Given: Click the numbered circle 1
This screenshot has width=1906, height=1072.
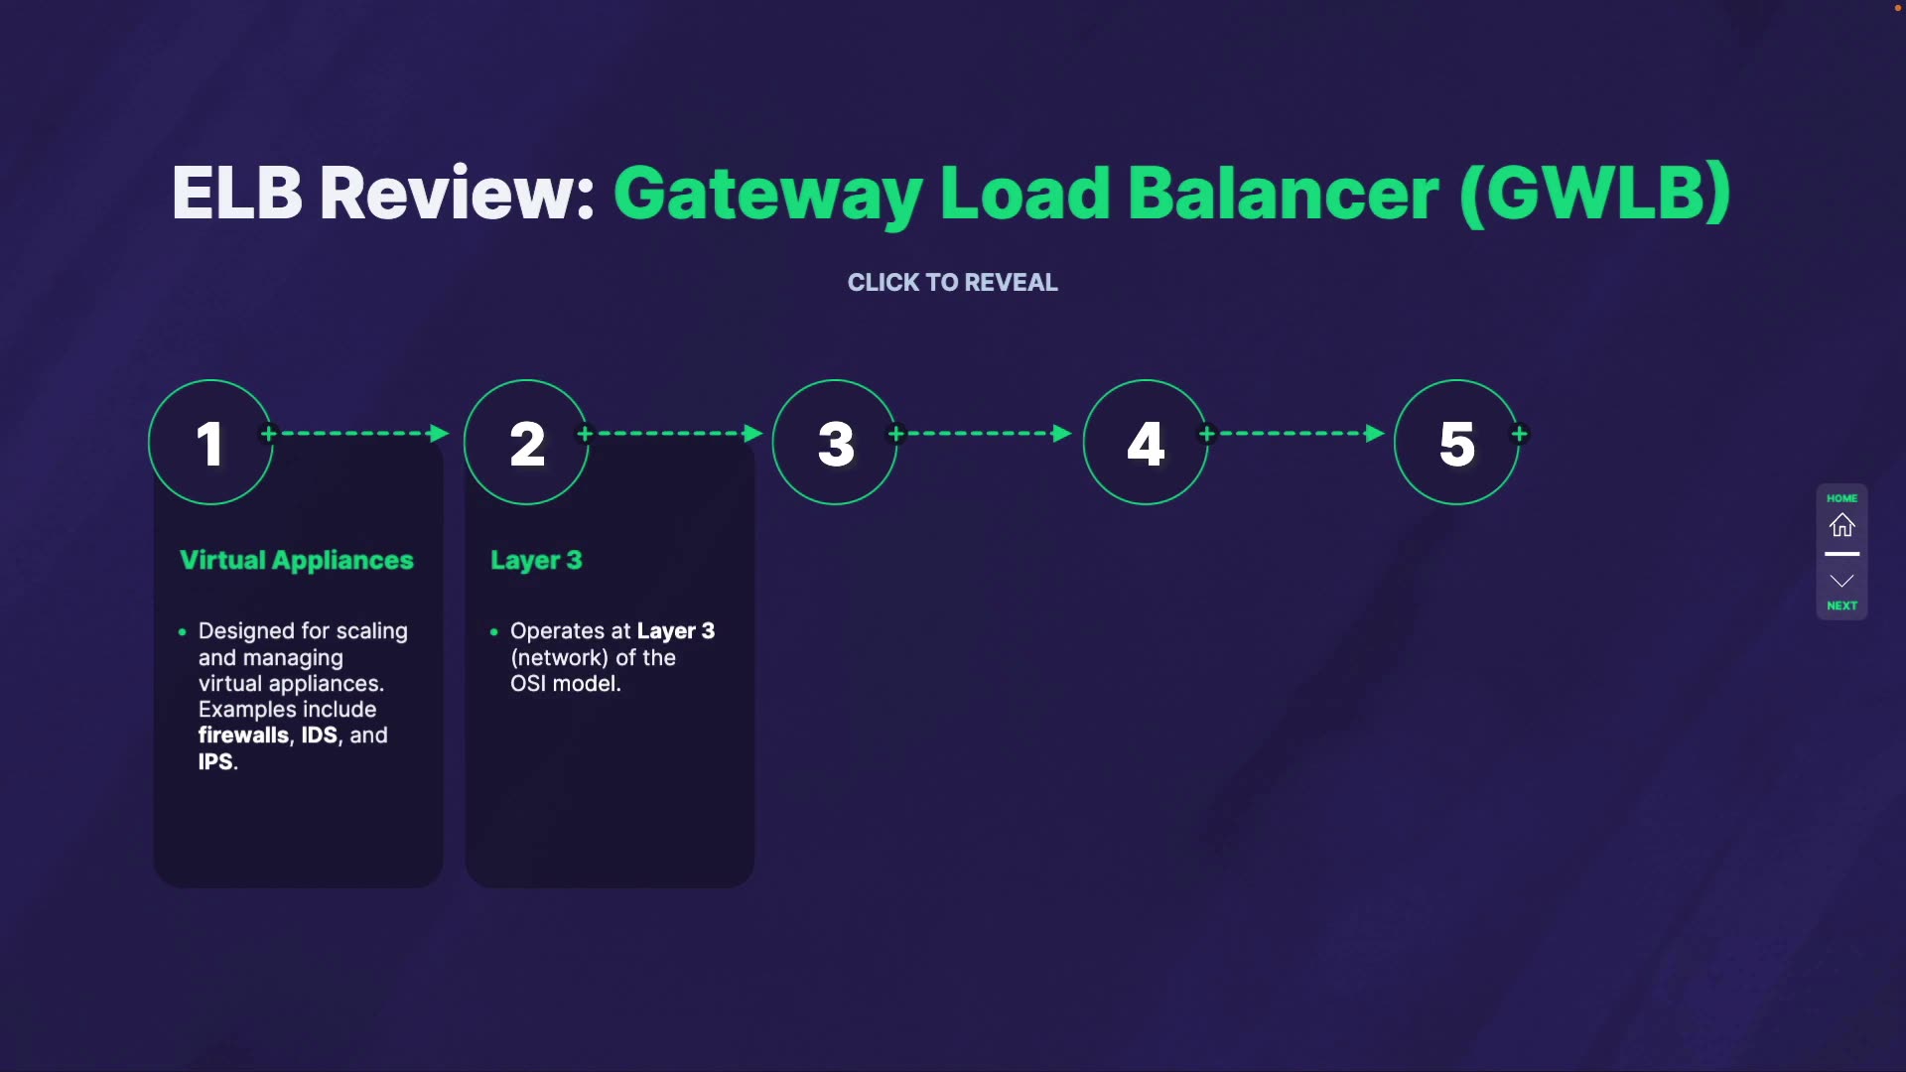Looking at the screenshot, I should pos(210,443).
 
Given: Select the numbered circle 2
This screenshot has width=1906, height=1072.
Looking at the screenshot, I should pos(526,443).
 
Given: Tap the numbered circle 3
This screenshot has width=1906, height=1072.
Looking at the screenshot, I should pos(835,443).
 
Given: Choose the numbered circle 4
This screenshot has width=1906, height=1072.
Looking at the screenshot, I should pos(1146,443).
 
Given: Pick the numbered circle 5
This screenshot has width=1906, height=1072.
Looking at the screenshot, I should pos(1456,443).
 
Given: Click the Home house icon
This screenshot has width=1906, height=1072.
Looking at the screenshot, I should pos(1842,525).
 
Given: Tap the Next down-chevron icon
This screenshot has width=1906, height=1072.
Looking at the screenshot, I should pos(1842,581).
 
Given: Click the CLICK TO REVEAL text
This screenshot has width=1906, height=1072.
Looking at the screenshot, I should pos(952,283).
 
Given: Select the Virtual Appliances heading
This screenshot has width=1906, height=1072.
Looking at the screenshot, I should pos(297,560).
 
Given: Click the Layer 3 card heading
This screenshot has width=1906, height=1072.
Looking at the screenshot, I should pos(536,561).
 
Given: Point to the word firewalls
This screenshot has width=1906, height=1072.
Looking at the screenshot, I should pos(243,736).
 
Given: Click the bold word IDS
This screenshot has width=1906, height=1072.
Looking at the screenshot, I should pos(319,736).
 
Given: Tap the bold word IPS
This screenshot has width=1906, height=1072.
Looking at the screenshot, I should pos(215,762).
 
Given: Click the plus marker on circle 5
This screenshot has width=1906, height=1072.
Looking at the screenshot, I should pos(1520,434).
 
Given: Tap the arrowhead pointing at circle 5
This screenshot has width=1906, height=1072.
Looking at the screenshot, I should pos(1374,434).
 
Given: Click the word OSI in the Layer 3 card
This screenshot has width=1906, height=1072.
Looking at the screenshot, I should pos(528,684).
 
